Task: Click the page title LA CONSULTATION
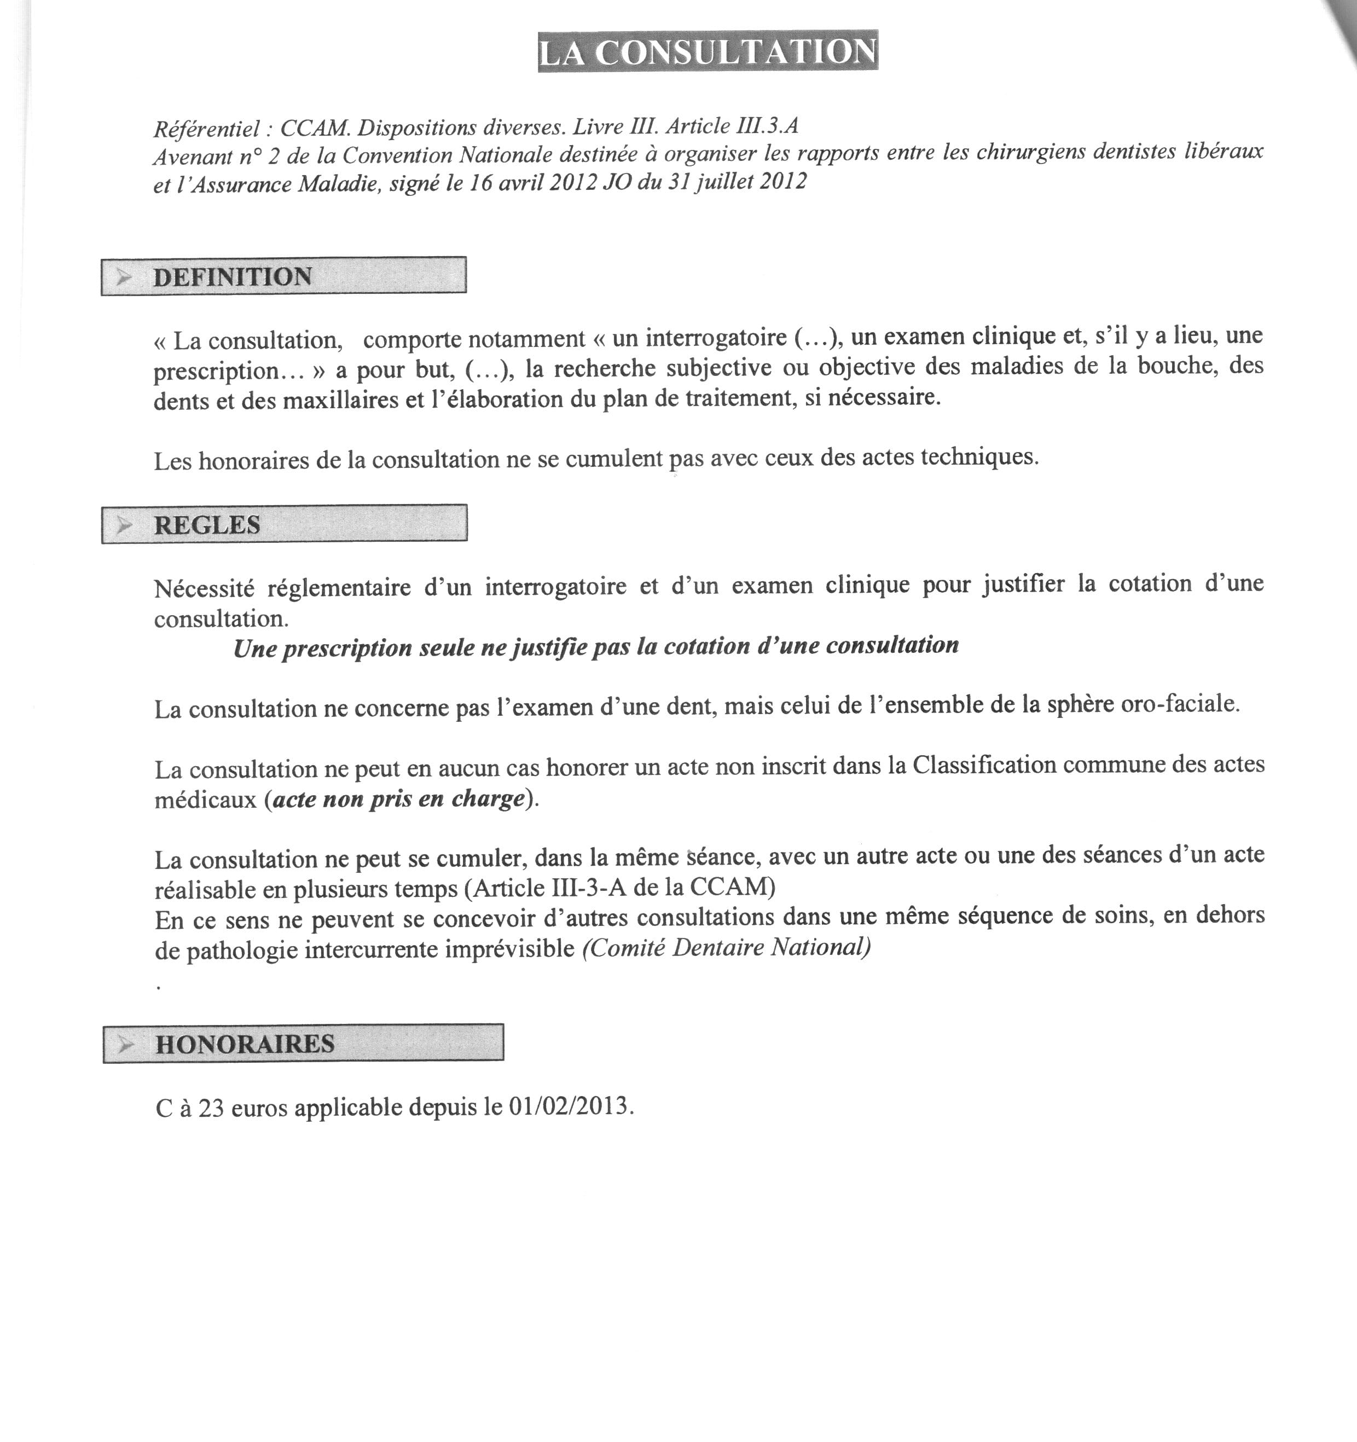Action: [x=708, y=51]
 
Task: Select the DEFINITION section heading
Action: [x=232, y=276]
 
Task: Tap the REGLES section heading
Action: [x=207, y=524]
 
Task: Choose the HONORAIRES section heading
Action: [x=245, y=1044]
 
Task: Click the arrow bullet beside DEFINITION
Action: [x=125, y=276]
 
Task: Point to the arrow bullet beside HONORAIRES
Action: [x=127, y=1045]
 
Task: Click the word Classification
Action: [x=983, y=765]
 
